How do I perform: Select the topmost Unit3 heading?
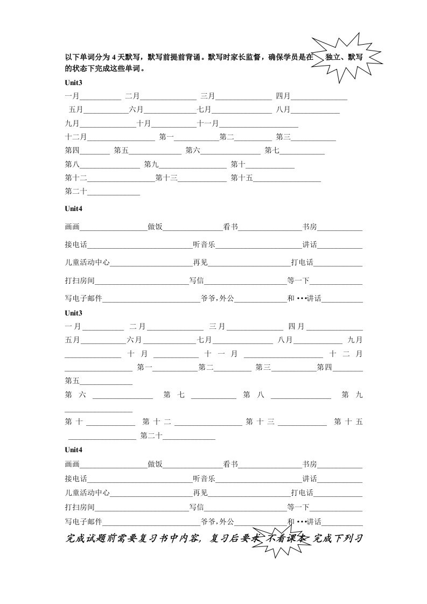click(x=74, y=83)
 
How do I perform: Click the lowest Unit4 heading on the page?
click(x=74, y=449)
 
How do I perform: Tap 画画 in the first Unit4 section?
click(x=72, y=227)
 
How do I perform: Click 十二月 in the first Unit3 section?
click(x=76, y=137)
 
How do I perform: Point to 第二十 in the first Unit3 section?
click(x=76, y=191)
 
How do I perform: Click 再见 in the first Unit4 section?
click(x=200, y=263)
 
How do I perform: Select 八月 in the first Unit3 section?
click(x=283, y=110)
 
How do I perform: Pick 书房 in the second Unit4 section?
click(x=310, y=464)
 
